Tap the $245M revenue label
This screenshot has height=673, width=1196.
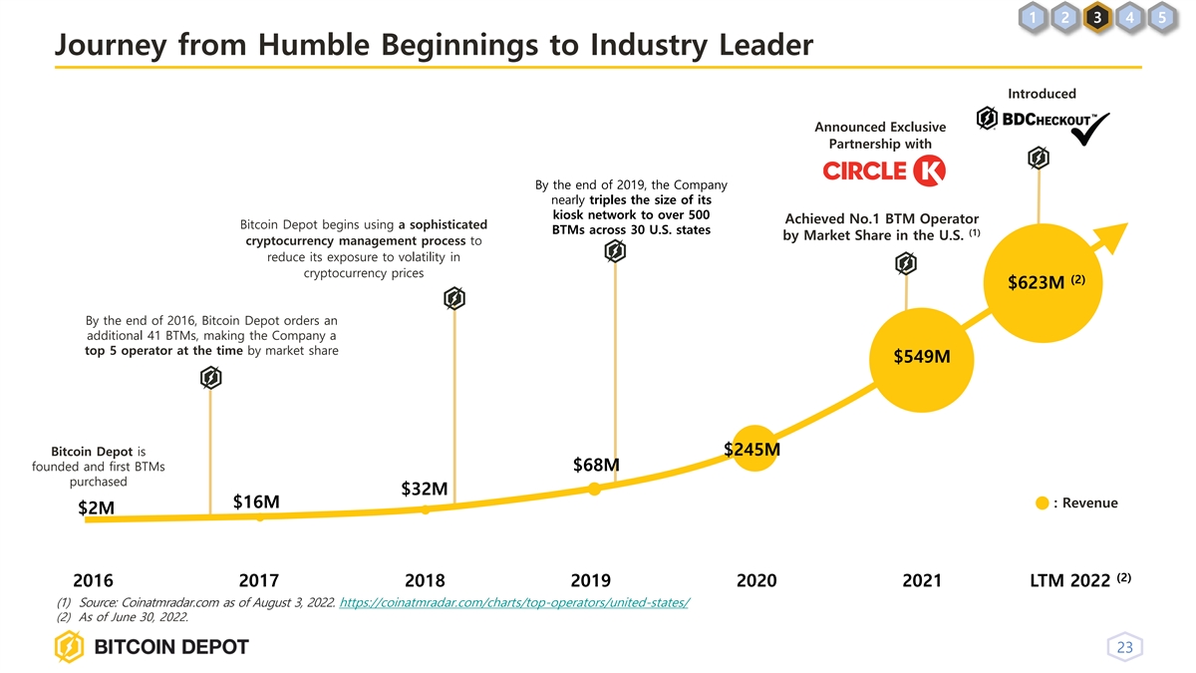(x=751, y=451)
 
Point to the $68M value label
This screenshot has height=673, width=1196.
(x=596, y=466)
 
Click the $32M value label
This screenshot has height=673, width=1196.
(x=424, y=489)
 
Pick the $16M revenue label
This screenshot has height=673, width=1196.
(x=255, y=501)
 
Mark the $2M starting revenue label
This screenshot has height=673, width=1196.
(x=96, y=509)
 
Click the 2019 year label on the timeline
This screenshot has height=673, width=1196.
(x=591, y=581)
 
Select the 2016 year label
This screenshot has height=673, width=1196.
(x=94, y=581)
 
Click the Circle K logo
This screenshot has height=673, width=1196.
(x=883, y=170)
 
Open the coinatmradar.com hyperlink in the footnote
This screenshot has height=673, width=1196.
(x=514, y=603)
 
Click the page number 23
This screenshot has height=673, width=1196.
(x=1124, y=648)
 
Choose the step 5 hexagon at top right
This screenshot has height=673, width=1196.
(x=1162, y=18)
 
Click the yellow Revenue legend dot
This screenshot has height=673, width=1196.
(x=1042, y=504)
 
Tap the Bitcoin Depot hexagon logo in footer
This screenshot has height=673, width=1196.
(x=70, y=647)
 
